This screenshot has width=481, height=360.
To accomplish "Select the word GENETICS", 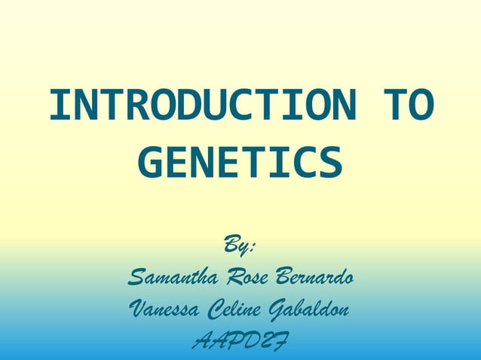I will click(x=240, y=163).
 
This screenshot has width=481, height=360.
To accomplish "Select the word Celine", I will click(x=235, y=309).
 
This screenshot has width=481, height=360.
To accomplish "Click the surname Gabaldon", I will click(x=311, y=309).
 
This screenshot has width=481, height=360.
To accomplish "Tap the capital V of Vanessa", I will click(x=138, y=309).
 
